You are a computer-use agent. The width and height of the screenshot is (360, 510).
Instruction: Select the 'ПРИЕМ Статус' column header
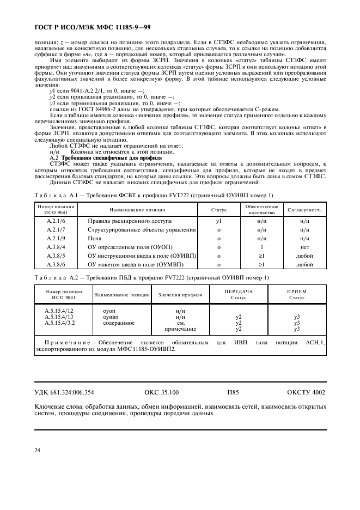[x=297, y=294]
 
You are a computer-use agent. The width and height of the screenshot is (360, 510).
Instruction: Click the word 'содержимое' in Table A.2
[x=118, y=323]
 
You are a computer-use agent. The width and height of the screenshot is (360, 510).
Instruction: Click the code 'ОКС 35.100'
[x=161, y=392]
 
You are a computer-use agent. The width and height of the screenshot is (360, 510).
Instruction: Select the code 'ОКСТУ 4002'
[x=306, y=392]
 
